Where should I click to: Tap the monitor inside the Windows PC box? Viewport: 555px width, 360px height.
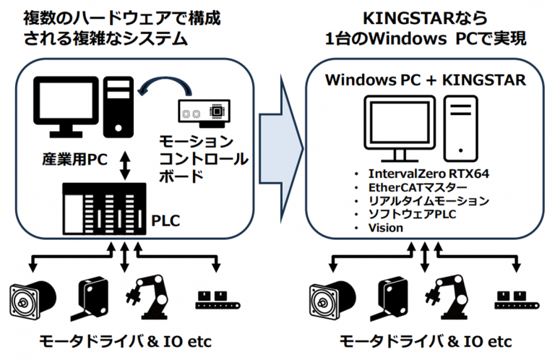395,127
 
